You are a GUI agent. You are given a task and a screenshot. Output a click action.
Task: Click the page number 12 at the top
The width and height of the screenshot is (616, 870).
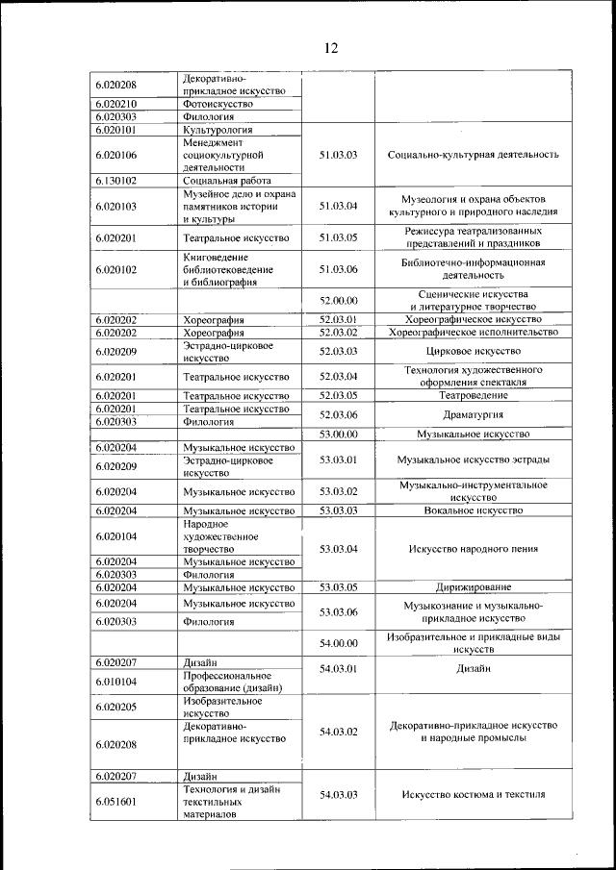tap(330, 48)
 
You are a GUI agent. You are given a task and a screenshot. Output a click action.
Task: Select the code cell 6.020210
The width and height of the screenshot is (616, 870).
tap(115, 103)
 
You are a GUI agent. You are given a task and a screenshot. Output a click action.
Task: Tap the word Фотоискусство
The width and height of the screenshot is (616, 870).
tap(218, 103)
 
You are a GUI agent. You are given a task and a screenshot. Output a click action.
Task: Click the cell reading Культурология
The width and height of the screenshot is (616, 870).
tap(218, 129)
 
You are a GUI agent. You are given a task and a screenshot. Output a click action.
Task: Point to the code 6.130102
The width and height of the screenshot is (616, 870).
tap(115, 180)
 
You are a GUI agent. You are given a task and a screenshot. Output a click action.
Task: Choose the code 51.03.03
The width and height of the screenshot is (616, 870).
tap(338, 154)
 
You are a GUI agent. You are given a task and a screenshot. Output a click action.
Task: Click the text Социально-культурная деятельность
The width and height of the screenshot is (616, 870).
tap(473, 154)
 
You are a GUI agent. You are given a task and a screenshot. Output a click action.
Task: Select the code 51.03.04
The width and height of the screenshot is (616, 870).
tap(338, 206)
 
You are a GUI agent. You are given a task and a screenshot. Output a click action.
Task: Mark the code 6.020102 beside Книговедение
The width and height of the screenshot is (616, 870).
tap(115, 269)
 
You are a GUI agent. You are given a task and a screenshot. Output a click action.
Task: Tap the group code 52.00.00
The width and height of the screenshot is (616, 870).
tap(338, 300)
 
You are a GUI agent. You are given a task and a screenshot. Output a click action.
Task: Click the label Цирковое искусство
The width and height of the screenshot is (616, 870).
tap(473, 351)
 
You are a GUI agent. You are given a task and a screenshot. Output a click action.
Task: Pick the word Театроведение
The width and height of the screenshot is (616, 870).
tap(473, 395)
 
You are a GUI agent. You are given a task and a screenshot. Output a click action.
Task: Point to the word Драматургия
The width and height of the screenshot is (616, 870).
tap(473, 414)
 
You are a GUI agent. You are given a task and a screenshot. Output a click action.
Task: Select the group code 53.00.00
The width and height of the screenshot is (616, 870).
tap(338, 435)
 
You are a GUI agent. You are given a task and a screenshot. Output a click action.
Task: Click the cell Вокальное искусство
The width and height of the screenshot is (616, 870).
tap(473, 510)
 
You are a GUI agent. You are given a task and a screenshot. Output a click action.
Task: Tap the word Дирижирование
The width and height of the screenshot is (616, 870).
tap(473, 586)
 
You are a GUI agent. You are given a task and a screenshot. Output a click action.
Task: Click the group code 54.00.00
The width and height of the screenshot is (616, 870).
tap(338, 643)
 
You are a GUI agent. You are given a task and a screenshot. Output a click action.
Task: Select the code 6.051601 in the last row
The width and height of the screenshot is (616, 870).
tap(115, 802)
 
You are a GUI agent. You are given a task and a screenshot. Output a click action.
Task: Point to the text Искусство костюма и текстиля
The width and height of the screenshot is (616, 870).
tap(473, 795)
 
